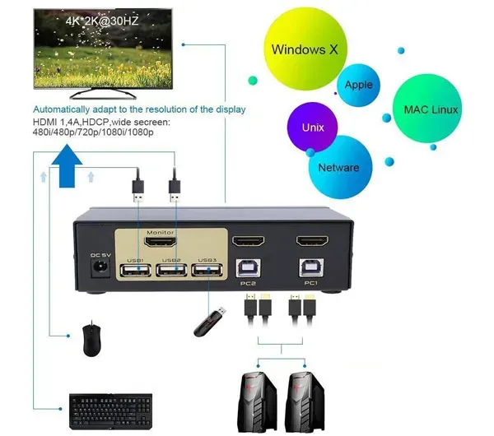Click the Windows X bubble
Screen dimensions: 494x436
coord(305,49)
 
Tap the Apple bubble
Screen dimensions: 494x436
coord(358,85)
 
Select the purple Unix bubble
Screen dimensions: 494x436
coord(312,128)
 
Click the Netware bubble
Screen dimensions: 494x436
coord(339,167)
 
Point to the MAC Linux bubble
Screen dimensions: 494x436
coord(427,109)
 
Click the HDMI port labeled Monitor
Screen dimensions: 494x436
coord(161,242)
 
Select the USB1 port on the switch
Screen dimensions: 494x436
coord(136,271)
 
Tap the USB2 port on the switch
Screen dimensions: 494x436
coord(172,271)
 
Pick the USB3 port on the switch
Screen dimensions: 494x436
coord(207,271)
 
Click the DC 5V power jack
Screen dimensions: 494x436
coord(100,267)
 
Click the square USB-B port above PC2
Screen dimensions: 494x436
coord(249,268)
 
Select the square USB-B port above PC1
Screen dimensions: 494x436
coord(311,267)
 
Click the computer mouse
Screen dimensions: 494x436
coord(92,340)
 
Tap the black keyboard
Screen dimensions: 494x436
coord(110,411)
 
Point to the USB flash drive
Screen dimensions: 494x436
coord(210,322)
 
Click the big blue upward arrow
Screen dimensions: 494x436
coord(67,166)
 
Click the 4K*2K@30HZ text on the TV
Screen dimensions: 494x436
coord(102,21)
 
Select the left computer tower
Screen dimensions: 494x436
coord(257,403)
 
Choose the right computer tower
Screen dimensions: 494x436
coord(305,403)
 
